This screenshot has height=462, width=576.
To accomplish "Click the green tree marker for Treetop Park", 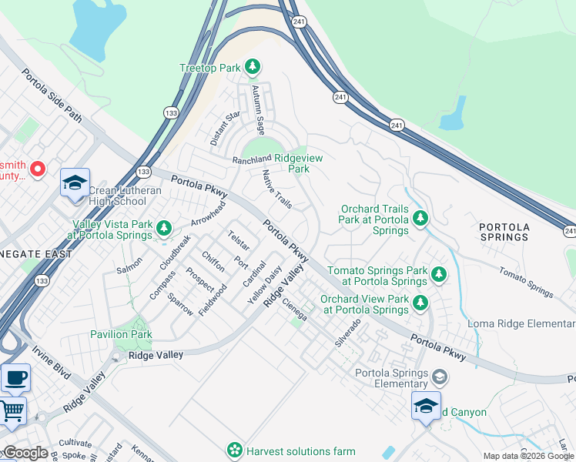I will click(253, 68).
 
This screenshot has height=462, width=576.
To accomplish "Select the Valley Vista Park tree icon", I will click(163, 228).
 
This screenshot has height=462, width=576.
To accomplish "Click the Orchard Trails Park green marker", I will click(420, 219).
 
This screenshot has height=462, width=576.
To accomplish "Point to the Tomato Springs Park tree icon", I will click(439, 273).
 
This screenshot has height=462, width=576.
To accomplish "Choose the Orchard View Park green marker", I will click(420, 303).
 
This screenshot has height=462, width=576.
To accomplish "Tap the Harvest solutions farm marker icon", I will click(235, 450).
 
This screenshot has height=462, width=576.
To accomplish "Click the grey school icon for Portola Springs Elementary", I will click(439, 377).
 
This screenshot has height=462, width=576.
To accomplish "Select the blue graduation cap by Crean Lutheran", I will click(75, 183).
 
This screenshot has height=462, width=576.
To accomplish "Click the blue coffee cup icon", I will click(15, 378).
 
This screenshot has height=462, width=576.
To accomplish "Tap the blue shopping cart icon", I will click(12, 411).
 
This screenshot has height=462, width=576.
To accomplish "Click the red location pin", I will click(38, 168).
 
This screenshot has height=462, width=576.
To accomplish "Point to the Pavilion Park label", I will click(120, 334).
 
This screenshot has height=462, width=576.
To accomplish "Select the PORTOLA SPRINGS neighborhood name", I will click(504, 232).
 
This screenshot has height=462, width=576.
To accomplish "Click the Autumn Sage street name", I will click(260, 109).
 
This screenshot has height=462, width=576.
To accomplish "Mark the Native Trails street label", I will click(276, 189).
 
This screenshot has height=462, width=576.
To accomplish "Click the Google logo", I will click(25, 453).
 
